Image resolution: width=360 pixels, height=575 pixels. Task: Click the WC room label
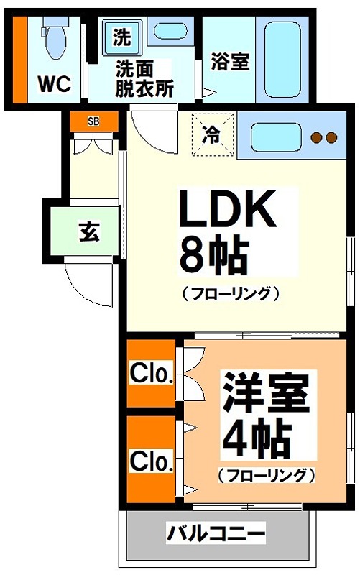pos(54,84)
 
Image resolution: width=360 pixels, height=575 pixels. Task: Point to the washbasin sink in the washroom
pos(170,31)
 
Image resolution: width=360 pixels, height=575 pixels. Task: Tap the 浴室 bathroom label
pos(230,62)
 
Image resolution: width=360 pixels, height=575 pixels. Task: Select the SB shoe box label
pos(93,121)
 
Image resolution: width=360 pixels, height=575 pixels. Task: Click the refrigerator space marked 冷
pos(213,133)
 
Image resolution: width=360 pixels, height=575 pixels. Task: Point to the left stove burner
pos(315,137)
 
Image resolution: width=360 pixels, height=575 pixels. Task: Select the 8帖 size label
pos(213,255)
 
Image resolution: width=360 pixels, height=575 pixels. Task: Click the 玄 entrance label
pos(88,232)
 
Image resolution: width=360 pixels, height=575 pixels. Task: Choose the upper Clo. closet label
pos(151,374)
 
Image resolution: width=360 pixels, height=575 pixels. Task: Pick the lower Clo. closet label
pos(151,459)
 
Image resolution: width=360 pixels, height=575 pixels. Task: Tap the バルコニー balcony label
pos(216,534)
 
